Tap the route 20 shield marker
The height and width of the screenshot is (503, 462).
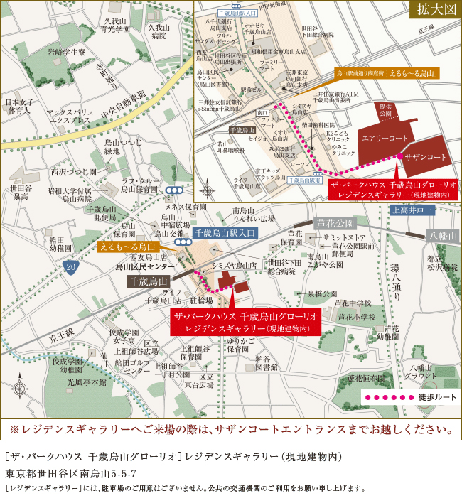(x=70, y=266)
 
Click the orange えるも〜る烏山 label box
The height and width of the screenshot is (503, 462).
(x=128, y=247)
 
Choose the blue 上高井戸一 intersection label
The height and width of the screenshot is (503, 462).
(x=413, y=210)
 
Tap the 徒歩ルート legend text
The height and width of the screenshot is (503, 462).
(x=437, y=398)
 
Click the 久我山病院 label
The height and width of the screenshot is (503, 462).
(x=159, y=31)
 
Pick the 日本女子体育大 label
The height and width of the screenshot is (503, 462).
(x=18, y=106)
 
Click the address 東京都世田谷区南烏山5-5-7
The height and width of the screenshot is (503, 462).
(x=70, y=472)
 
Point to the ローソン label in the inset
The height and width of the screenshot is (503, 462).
(x=300, y=164)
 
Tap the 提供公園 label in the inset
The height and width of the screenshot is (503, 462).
(x=386, y=109)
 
